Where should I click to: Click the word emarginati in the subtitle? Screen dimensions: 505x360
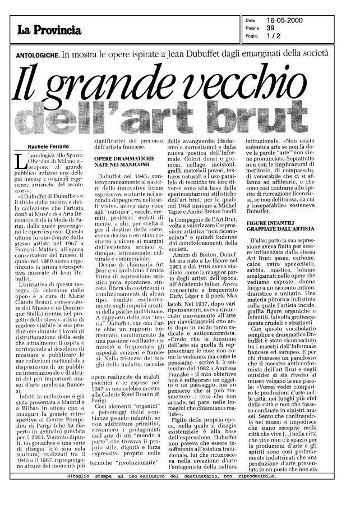270,54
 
